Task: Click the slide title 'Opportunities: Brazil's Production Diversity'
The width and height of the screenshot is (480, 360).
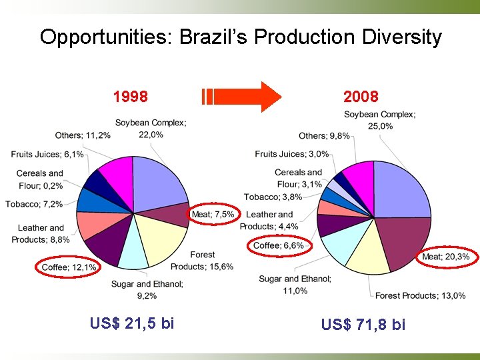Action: pyautogui.click(x=240, y=36)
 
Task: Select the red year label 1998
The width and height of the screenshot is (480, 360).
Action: pyautogui.click(x=130, y=97)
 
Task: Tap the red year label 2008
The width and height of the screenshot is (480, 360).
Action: pyautogui.click(x=361, y=97)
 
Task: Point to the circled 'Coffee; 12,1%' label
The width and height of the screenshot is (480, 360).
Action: pyautogui.click(x=69, y=267)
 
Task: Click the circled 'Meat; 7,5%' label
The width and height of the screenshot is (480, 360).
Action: pyautogui.click(x=213, y=214)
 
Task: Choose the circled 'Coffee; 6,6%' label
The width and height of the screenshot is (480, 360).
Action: pyautogui.click(x=278, y=245)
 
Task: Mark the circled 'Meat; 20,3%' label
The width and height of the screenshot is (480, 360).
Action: pyautogui.click(x=445, y=257)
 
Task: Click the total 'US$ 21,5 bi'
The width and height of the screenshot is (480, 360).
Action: pyautogui.click(x=132, y=323)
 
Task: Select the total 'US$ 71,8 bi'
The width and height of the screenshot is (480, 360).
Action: pyautogui.click(x=363, y=325)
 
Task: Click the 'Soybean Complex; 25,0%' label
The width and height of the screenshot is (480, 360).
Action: pyautogui.click(x=379, y=120)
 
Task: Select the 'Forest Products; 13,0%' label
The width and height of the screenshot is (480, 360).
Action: pyautogui.click(x=420, y=295)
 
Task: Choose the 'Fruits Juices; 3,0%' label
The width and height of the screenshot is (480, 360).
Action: pyautogui.click(x=291, y=154)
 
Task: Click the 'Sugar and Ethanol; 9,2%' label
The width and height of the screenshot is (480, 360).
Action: pyautogui.click(x=147, y=289)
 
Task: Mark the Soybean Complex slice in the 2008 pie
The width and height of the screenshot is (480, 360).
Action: pyautogui.click(x=400, y=190)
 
